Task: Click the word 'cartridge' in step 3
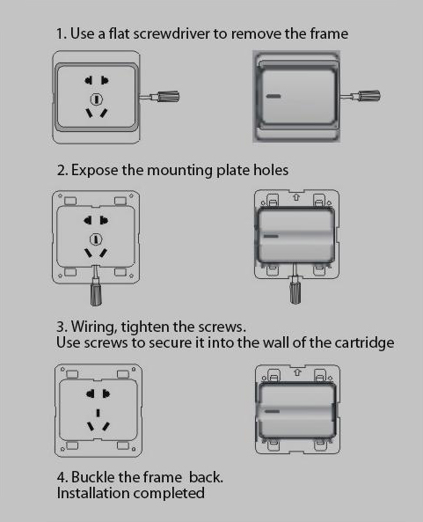pyautogui.click(x=358, y=342)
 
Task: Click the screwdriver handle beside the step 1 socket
pyautogui.click(x=168, y=98)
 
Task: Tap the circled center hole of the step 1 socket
pyautogui.click(x=97, y=98)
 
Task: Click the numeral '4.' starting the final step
pyautogui.click(x=62, y=477)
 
